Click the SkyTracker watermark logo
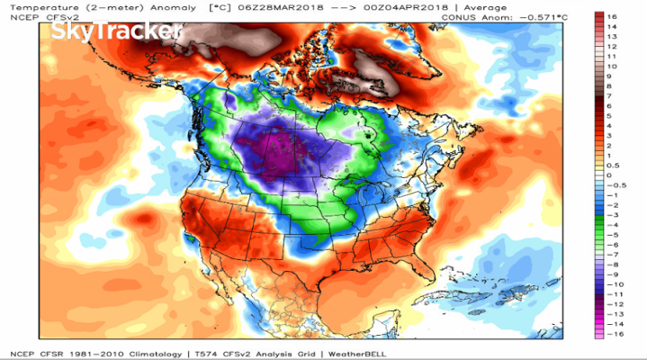click(x=117, y=32)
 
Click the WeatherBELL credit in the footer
click(x=355, y=352)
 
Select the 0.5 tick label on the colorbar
click(x=613, y=166)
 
